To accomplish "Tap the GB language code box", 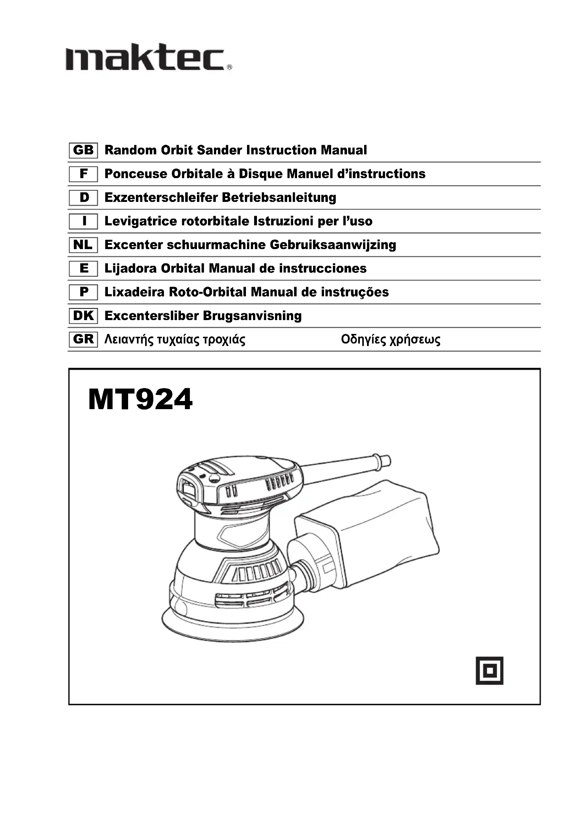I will coord(83,150).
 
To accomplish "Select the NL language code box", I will coord(83,245).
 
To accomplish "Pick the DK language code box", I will coord(83,315).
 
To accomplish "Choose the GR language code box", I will coord(83,339).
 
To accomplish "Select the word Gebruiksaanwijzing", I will coord(333,245).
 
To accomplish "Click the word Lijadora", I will coord(131,268).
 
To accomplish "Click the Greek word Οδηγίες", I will coord(363,340).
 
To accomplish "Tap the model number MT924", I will coord(140,400).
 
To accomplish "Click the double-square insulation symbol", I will coord(489,670).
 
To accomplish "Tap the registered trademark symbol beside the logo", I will coord(229,67).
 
